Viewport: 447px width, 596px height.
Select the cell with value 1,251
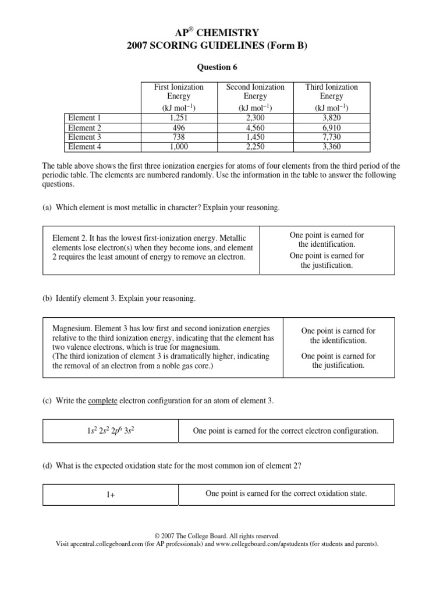(x=178, y=118)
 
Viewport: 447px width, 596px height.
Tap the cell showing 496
(x=178, y=127)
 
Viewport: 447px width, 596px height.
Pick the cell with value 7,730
(x=331, y=137)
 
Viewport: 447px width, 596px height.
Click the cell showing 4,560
(x=255, y=127)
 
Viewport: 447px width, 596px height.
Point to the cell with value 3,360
(x=331, y=147)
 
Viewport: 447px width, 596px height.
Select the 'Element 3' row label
(x=85, y=137)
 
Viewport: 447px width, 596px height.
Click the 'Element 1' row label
(x=85, y=118)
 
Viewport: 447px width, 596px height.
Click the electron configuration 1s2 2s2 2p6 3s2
(x=111, y=431)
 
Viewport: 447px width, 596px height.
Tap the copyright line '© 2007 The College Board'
(x=217, y=536)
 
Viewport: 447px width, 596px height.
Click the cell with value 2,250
(x=255, y=147)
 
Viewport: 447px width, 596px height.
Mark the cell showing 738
(x=178, y=137)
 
